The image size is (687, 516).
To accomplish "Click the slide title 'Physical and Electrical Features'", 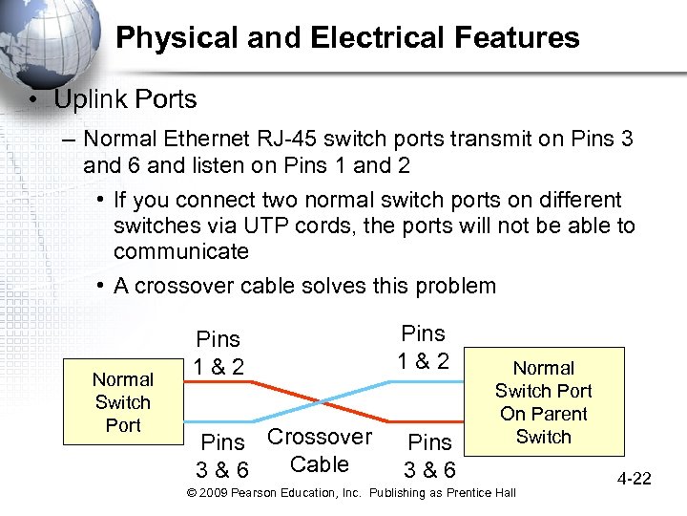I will (x=347, y=37).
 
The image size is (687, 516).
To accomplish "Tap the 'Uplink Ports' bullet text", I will (x=125, y=99).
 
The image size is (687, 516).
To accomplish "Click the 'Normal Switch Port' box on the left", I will (x=122, y=402).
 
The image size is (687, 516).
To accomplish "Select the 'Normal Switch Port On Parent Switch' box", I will (x=543, y=402).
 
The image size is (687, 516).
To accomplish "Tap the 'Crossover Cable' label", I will (x=319, y=451).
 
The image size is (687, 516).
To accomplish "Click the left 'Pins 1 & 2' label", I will (x=219, y=353).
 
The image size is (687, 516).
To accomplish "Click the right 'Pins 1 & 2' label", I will (x=424, y=347).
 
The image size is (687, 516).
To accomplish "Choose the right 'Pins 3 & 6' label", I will (x=429, y=457).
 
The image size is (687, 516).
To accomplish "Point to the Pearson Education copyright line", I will (x=350, y=492).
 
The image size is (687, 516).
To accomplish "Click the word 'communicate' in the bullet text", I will (x=180, y=252).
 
